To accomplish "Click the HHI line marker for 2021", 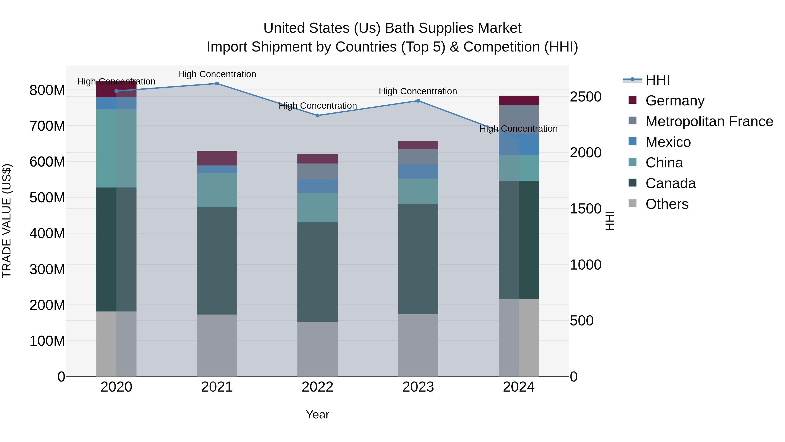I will [x=217, y=83].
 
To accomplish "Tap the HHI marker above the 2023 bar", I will [x=418, y=101].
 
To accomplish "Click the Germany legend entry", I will [x=675, y=101].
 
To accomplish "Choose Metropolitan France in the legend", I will [x=709, y=121].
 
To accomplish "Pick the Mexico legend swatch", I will [x=632, y=141].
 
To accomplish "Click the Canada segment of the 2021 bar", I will [x=217, y=261].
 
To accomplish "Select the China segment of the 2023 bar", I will [x=418, y=191].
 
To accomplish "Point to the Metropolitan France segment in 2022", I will [x=317, y=171].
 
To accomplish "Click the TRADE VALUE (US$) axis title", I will [x=7, y=221].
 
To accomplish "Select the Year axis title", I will [x=317, y=414].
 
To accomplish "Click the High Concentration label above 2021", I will [x=217, y=74].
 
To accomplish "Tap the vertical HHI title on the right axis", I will [x=609, y=221].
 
